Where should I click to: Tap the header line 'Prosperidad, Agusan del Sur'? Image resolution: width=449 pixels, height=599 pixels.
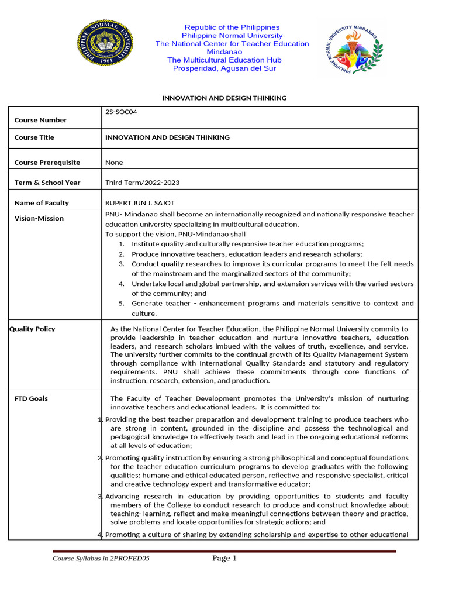[224, 68]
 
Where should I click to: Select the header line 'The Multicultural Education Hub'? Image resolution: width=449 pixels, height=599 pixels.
[224, 60]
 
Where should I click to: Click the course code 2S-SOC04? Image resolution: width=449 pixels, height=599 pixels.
[121, 112]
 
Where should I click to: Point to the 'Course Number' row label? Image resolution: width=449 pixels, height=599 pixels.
[40, 120]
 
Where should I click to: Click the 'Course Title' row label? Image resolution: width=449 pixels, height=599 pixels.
[34, 137]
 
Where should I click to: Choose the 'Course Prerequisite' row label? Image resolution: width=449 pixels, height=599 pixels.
[47, 163]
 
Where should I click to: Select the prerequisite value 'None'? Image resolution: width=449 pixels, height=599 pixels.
[114, 163]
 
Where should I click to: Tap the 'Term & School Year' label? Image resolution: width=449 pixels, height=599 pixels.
[47, 183]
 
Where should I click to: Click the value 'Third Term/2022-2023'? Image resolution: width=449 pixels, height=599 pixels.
[142, 183]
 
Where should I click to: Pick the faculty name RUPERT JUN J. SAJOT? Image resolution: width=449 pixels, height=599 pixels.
[140, 203]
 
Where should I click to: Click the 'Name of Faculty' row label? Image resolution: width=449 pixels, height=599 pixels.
[42, 203]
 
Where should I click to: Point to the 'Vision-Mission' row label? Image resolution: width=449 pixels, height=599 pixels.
[39, 218]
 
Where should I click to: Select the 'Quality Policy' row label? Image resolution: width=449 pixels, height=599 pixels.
[32, 329]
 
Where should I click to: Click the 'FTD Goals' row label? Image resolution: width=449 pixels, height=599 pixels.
[31, 398]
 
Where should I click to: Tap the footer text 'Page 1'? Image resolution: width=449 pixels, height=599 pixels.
[224, 559]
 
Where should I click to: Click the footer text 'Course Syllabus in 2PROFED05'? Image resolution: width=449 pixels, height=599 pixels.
[101, 559]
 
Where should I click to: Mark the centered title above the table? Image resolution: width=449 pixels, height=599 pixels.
[224, 98]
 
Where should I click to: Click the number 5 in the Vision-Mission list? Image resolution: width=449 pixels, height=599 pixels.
[122, 304]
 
